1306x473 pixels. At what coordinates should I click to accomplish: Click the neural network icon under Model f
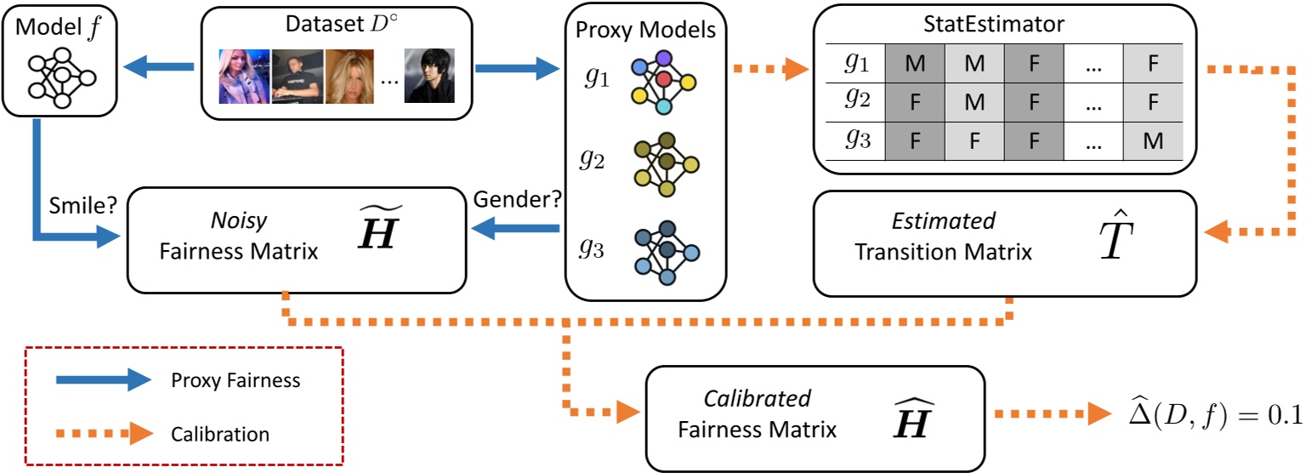(x=60, y=76)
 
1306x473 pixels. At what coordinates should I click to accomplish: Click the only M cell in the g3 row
(x=1153, y=141)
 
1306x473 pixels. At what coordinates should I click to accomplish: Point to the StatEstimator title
(x=999, y=22)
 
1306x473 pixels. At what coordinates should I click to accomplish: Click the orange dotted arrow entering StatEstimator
(x=770, y=69)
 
